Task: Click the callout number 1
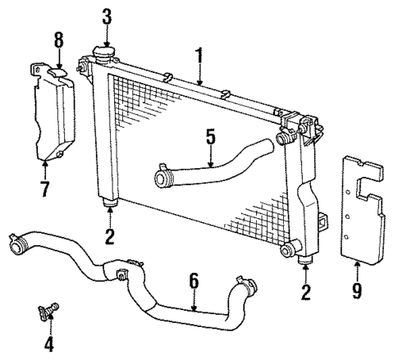(x=197, y=57)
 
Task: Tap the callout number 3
(x=107, y=16)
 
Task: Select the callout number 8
(x=57, y=38)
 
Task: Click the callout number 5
(x=211, y=135)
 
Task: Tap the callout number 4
(x=48, y=344)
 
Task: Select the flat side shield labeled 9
(x=361, y=209)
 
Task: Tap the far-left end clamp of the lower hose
(x=16, y=244)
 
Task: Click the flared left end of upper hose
(x=162, y=175)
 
